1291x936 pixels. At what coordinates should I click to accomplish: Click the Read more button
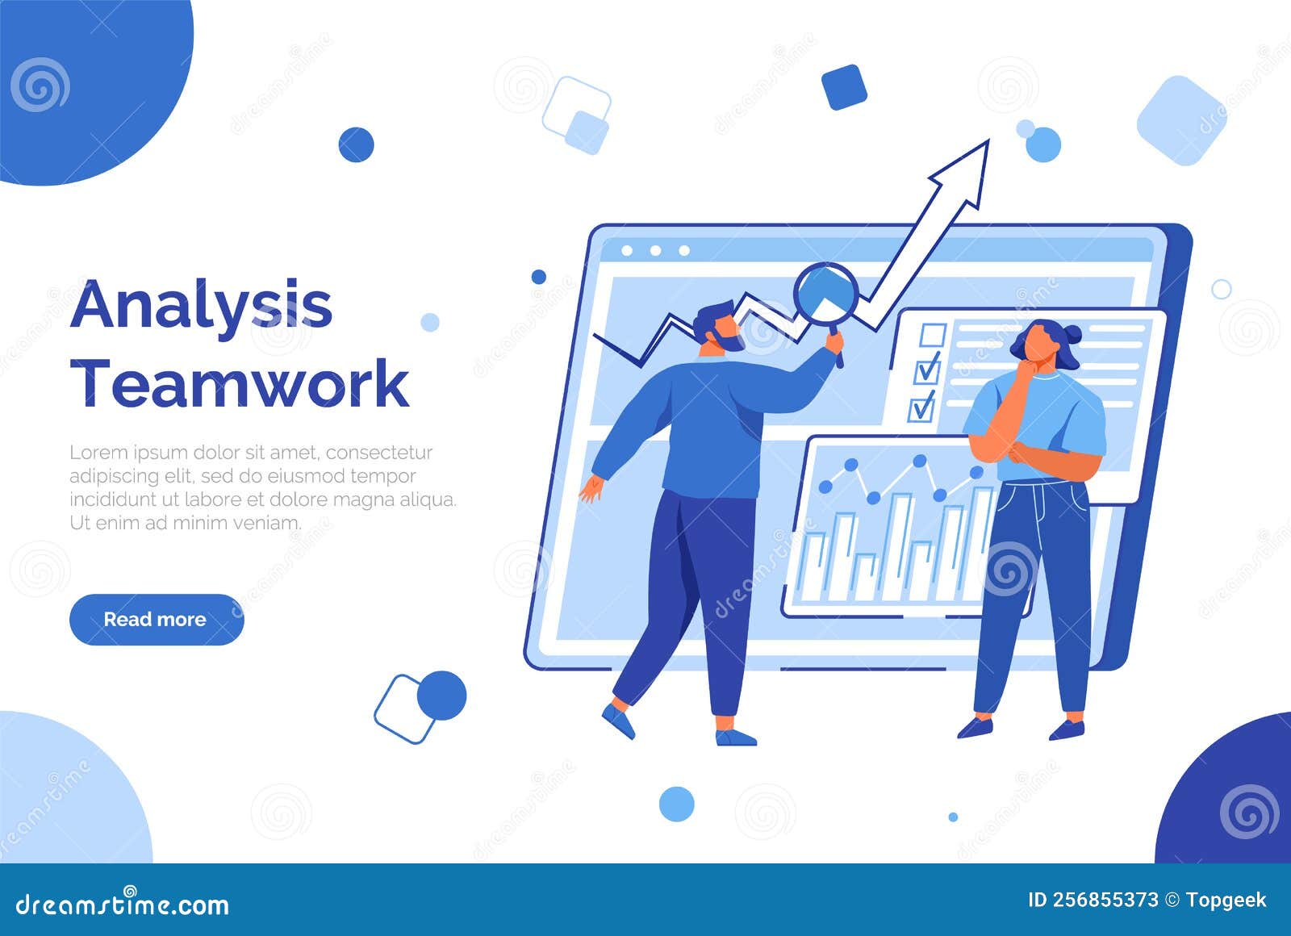click(x=156, y=620)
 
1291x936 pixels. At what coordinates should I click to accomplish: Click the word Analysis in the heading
click(x=202, y=306)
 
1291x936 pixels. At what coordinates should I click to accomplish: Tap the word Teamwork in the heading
click(x=240, y=384)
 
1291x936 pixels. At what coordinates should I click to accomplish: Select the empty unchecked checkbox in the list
click(x=933, y=335)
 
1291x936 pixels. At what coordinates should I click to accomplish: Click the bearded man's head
click(x=717, y=326)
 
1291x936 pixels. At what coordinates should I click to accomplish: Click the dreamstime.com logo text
click(x=123, y=905)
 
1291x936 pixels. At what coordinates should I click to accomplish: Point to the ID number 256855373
click(x=1105, y=900)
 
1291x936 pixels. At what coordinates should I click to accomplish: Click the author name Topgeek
click(x=1226, y=900)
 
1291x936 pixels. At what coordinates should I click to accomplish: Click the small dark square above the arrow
click(x=844, y=87)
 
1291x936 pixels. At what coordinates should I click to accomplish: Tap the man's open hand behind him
click(x=591, y=488)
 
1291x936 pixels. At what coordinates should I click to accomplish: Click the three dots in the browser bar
click(x=655, y=251)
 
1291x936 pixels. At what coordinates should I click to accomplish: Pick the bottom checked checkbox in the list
click(x=921, y=408)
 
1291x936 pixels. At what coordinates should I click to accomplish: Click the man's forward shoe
click(x=735, y=738)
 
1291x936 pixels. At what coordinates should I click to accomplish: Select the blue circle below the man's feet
click(x=676, y=804)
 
